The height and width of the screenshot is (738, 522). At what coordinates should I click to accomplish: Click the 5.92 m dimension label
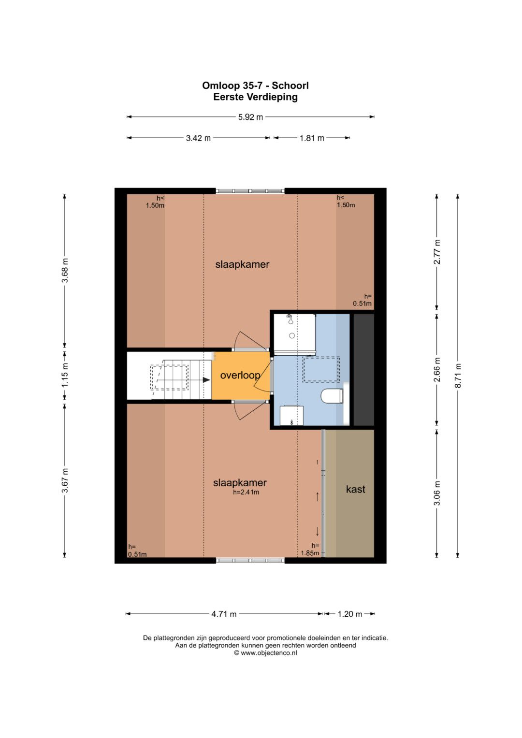[x=250, y=117]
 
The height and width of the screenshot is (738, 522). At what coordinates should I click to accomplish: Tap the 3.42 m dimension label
[x=198, y=138]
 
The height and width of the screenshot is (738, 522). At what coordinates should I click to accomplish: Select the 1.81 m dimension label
[x=312, y=138]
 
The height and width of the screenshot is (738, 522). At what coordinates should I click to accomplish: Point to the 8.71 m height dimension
[x=458, y=376]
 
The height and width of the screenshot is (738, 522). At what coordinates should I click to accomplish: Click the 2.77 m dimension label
[x=437, y=252]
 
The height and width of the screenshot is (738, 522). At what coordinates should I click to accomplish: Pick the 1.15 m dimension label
[x=65, y=375]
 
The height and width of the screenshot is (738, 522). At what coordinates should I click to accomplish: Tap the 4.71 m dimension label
[x=224, y=614]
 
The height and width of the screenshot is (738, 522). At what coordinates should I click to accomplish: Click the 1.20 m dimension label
[x=349, y=614]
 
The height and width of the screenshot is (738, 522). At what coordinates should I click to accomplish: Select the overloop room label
[x=240, y=375]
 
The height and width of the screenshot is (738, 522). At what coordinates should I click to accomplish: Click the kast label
[x=356, y=489]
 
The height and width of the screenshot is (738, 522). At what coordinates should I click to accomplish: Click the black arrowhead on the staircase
[x=206, y=380]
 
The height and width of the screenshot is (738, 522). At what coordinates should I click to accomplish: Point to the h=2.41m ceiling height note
[x=246, y=492]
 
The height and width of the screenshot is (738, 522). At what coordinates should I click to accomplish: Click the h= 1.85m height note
[x=310, y=550]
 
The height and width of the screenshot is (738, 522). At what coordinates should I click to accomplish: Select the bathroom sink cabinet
[x=291, y=415]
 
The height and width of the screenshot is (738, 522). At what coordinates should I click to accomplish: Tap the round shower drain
[x=292, y=336]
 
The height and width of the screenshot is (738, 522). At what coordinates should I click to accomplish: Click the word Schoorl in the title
[x=290, y=86]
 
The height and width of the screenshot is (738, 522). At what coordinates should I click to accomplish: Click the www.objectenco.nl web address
[x=269, y=652]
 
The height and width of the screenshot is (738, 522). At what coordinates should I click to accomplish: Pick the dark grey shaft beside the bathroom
[x=364, y=370]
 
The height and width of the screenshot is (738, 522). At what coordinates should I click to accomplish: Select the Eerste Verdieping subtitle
[x=255, y=97]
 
